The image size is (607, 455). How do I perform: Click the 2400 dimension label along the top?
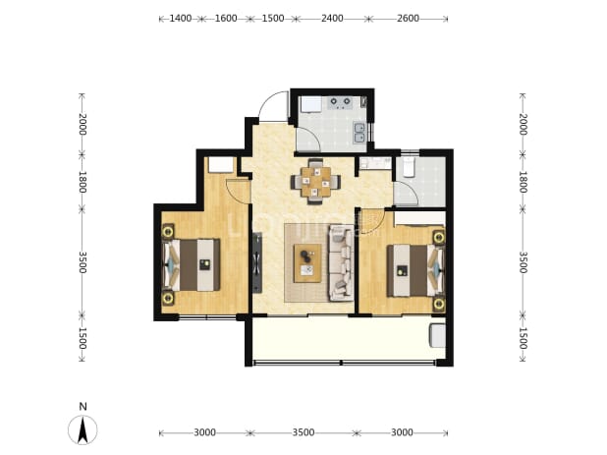click(x=332, y=19)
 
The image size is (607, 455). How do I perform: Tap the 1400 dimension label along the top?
click(x=181, y=19)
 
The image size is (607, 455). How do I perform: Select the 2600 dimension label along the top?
click(x=408, y=19)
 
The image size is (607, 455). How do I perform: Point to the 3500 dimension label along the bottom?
click(x=303, y=432)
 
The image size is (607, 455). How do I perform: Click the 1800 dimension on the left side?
click(x=83, y=182)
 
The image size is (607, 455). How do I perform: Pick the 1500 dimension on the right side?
click(x=523, y=338)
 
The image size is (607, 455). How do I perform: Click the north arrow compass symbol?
click(x=83, y=429)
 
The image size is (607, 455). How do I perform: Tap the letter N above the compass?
click(x=83, y=407)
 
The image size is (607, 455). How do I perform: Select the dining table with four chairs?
click(x=316, y=181)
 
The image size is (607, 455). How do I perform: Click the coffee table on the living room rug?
click(x=307, y=263)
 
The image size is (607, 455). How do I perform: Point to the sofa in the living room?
click(x=341, y=263)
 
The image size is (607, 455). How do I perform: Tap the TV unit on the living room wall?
click(x=257, y=262)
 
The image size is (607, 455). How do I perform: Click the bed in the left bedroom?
click(x=192, y=265)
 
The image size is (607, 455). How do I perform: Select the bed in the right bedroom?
click(x=414, y=270)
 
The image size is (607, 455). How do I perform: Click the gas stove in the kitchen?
click(x=340, y=102)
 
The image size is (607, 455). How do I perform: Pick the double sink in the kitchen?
click(x=359, y=133)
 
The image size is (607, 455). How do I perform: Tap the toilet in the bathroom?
click(x=409, y=167)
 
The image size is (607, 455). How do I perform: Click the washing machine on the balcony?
click(x=437, y=336)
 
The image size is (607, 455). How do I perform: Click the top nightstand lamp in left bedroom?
click(x=168, y=232)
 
